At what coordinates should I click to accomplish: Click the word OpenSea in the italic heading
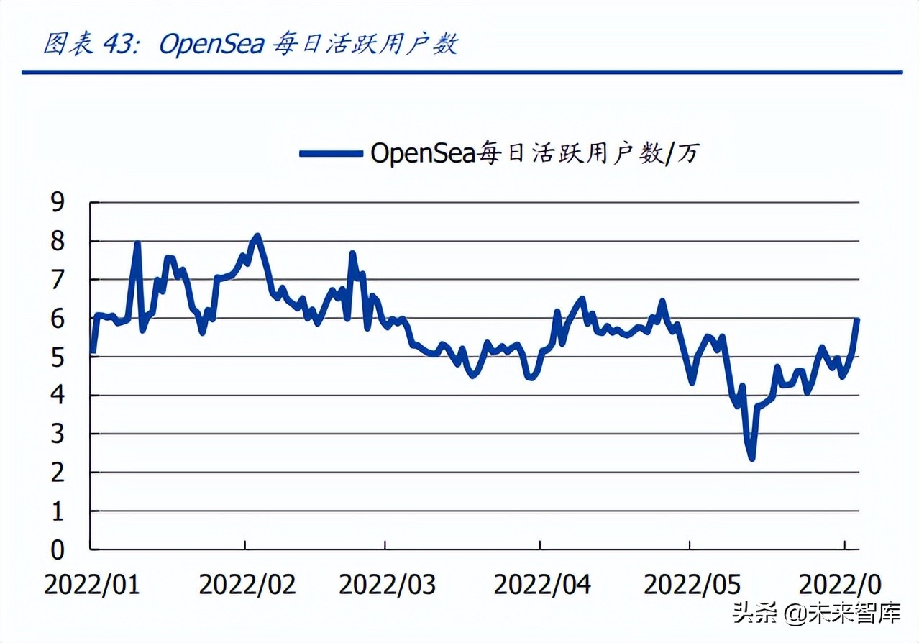211,45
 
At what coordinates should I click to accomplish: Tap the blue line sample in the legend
330,152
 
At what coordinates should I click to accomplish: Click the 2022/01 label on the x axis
92,584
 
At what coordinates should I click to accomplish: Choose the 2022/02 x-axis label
247,584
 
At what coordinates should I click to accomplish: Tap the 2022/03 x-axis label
387,584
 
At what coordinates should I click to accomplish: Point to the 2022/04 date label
542,584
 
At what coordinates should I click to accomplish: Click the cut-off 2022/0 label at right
839,584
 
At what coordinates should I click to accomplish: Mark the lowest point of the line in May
751,457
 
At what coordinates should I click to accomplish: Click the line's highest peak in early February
257,236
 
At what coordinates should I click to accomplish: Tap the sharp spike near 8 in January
137,244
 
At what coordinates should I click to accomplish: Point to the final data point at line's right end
857,320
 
